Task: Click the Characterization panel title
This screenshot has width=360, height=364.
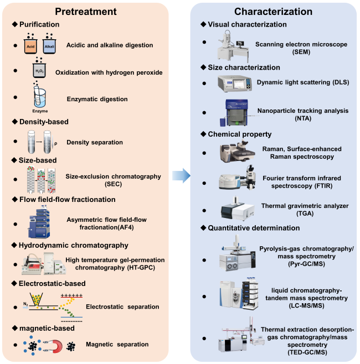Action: click(x=272, y=12)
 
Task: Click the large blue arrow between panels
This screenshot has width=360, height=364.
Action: click(x=181, y=176)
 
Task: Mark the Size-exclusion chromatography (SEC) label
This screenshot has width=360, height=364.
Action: click(x=114, y=180)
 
